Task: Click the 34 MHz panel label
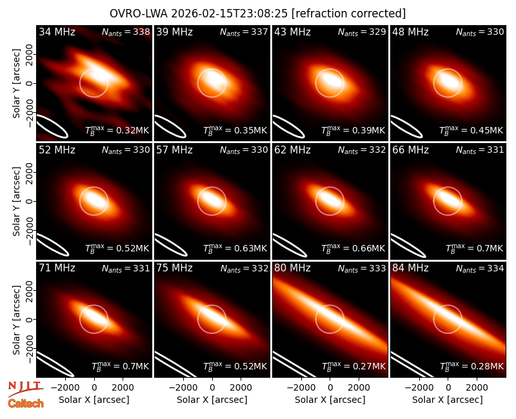click(x=57, y=32)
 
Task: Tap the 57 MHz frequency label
click(x=174, y=150)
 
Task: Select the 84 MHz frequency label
click(x=410, y=268)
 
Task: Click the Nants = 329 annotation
click(x=362, y=32)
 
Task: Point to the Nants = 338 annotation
click(x=126, y=32)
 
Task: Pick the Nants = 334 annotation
click(x=480, y=269)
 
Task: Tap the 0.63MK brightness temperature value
click(x=250, y=249)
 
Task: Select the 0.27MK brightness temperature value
click(x=368, y=366)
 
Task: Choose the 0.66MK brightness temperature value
click(x=368, y=249)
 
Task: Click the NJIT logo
click(x=25, y=389)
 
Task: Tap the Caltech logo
click(x=26, y=404)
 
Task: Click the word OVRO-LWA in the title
click(x=139, y=14)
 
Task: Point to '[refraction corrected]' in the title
click(x=348, y=14)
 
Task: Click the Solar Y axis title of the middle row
click(x=16, y=201)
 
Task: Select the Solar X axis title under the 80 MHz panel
click(x=330, y=400)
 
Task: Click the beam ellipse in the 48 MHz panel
click(x=406, y=126)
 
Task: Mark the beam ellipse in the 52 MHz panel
click(x=52, y=244)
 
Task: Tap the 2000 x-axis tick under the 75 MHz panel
click(x=241, y=388)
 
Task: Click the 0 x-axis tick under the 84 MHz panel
click(x=448, y=388)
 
